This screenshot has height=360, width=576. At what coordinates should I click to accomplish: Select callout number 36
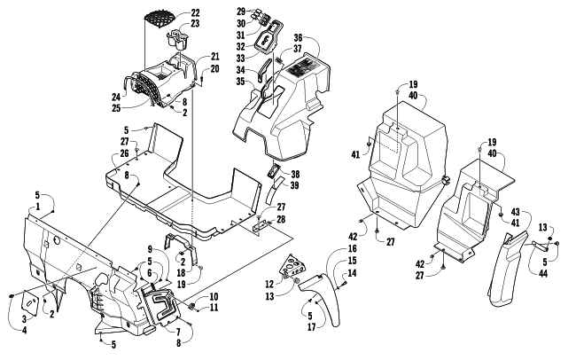click(x=299, y=38)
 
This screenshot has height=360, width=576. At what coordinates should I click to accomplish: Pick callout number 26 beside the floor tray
click(x=125, y=153)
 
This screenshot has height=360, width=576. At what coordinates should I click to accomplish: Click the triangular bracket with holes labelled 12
click(x=291, y=267)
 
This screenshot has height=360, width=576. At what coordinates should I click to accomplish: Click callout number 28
click(x=281, y=219)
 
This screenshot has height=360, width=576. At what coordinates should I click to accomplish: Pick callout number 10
click(x=214, y=295)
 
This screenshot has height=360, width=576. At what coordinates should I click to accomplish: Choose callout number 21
click(x=214, y=57)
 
